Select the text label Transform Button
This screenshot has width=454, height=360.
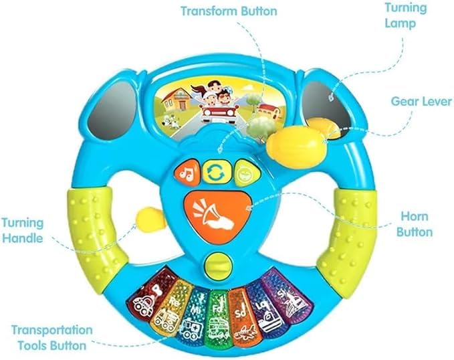click(x=229, y=11)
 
